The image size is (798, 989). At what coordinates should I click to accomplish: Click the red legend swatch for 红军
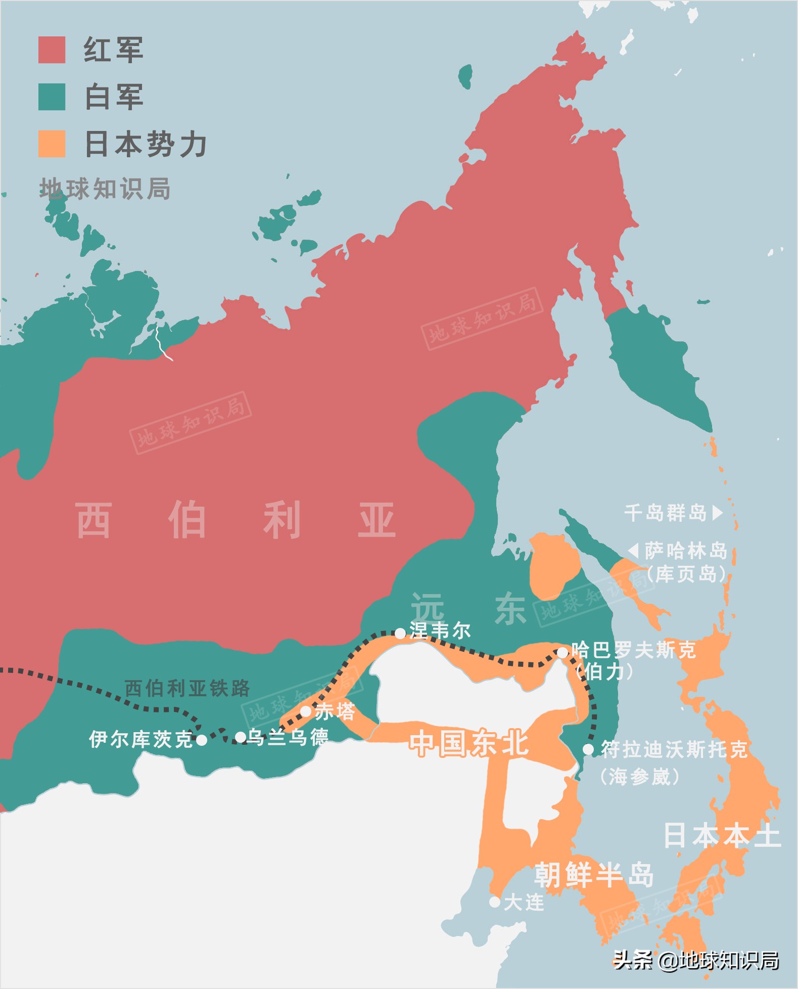52,50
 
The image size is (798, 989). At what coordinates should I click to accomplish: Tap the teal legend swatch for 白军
52,97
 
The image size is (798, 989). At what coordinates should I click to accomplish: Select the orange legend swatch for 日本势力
52,144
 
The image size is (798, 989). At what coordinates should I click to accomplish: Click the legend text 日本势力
146,144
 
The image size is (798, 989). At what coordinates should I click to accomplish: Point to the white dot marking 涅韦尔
400,633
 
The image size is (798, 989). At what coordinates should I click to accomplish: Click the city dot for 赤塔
306,711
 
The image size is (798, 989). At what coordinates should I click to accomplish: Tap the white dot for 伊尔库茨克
201,740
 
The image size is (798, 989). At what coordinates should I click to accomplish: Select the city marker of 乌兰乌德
241,738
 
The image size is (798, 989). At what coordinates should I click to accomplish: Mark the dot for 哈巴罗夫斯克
562,653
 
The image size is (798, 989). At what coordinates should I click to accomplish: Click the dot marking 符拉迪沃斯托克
588,749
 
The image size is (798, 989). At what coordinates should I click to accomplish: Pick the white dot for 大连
495,902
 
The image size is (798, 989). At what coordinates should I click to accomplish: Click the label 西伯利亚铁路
187,688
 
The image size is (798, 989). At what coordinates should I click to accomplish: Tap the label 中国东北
468,743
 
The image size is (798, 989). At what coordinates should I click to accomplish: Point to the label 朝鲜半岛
594,875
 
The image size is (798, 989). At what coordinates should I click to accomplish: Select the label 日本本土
722,835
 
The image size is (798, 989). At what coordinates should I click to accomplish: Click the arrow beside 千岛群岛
717,513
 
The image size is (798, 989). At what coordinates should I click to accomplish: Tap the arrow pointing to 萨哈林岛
634,550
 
